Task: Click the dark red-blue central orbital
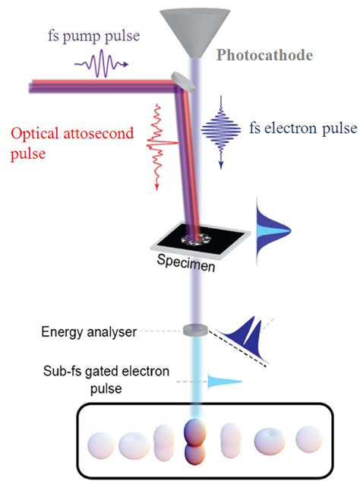(193, 442)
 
